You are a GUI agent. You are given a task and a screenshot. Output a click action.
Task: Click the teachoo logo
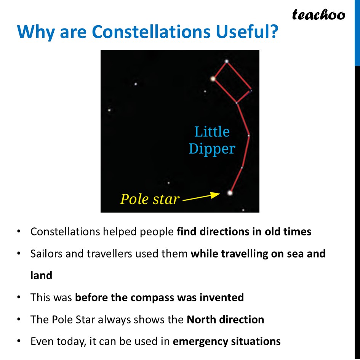pos(318,14)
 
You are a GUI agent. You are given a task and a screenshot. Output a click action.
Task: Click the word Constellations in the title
pos(152,32)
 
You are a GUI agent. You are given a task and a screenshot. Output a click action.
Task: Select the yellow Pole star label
pos(149,199)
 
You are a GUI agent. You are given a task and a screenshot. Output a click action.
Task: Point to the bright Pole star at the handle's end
pos(230,193)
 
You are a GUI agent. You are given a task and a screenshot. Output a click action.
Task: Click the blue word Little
pos(212,132)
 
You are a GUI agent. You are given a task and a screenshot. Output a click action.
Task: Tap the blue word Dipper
pos(212,149)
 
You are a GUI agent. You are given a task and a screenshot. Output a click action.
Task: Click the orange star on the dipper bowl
pos(213,79)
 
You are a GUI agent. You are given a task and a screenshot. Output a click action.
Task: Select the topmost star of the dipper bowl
pos(227,61)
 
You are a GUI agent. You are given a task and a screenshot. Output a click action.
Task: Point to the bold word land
pos(41,275)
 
